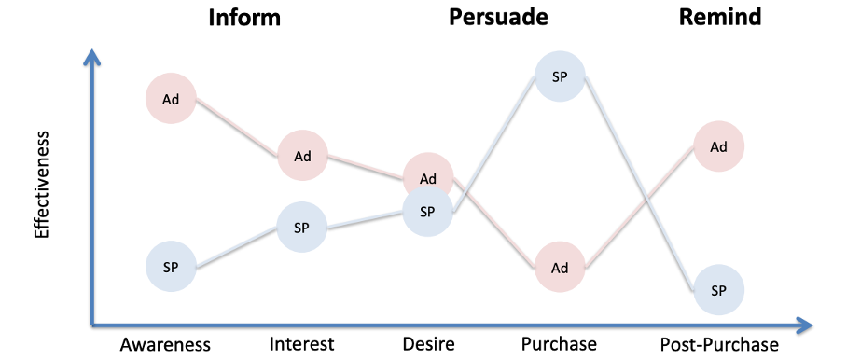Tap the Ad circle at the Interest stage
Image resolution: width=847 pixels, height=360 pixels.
(302, 156)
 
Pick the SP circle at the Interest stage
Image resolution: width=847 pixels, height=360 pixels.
(301, 227)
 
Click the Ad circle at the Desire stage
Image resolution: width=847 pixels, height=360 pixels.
(428, 177)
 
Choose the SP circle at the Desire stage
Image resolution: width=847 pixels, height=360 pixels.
(427, 211)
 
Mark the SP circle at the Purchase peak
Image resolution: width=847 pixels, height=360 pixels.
(560, 76)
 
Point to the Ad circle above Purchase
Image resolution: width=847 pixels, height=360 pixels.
(560, 268)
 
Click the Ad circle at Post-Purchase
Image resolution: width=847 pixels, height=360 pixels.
(718, 146)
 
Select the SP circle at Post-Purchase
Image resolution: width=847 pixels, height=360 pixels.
(718, 290)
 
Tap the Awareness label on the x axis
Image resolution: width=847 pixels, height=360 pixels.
(166, 344)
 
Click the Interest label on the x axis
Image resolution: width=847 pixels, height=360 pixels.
(301, 344)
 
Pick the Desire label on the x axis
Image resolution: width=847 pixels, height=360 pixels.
(428, 344)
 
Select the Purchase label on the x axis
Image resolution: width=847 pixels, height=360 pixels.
(559, 344)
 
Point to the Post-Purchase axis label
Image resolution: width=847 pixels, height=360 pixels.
(718, 344)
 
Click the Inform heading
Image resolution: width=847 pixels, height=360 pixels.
(244, 17)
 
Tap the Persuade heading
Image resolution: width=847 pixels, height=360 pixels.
(498, 17)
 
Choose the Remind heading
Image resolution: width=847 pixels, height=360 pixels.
(733, 17)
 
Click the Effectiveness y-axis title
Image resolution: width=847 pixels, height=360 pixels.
(42, 185)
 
